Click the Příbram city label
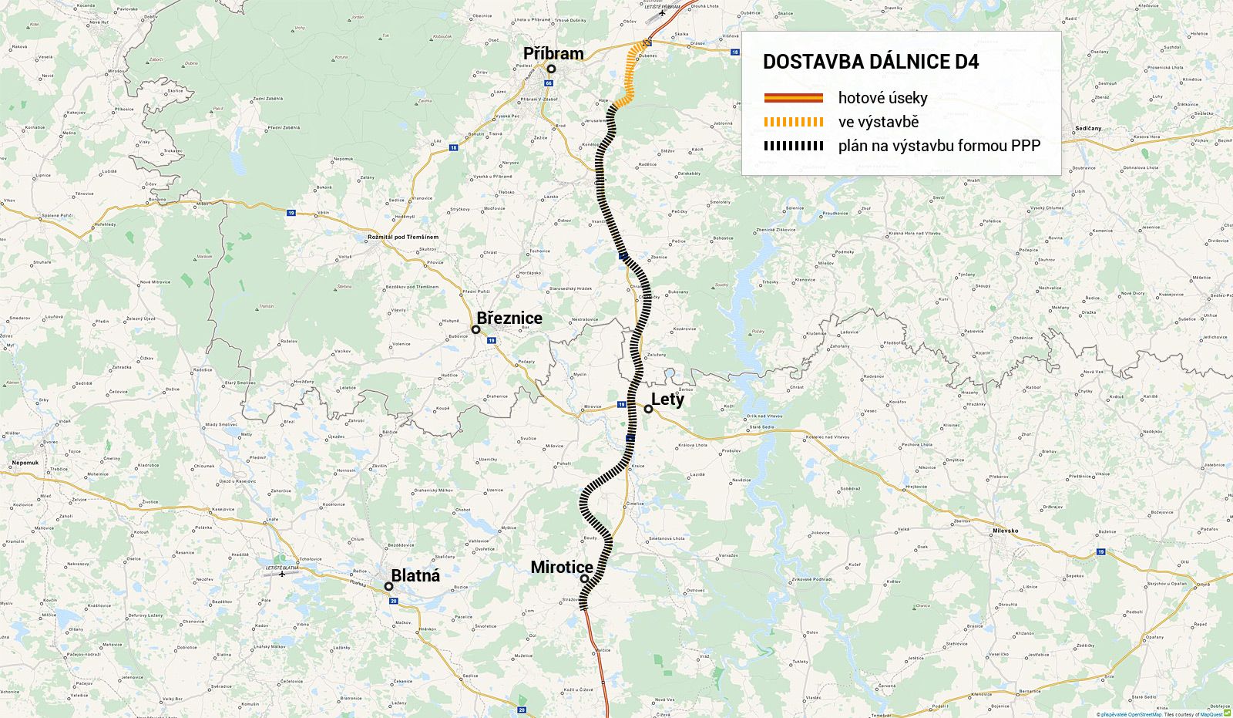pyautogui.click(x=553, y=53)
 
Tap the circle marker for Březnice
pyautogui.click(x=476, y=329)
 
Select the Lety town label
pyautogui.click(x=667, y=399)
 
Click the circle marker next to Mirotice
pyautogui.click(x=584, y=578)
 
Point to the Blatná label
pyautogui.click(x=415, y=575)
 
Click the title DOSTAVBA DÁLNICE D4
pyautogui.click(x=871, y=62)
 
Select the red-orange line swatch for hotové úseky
pyautogui.click(x=793, y=98)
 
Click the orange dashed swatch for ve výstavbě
pyautogui.click(x=793, y=122)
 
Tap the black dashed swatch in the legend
pyautogui.click(x=793, y=146)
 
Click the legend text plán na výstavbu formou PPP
pyautogui.click(x=939, y=146)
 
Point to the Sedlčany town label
pyautogui.click(x=1088, y=128)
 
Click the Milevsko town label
pyautogui.click(x=1005, y=531)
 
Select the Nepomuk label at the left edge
pyautogui.click(x=25, y=463)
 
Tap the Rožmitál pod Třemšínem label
pyautogui.click(x=403, y=237)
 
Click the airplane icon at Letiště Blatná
pyautogui.click(x=283, y=574)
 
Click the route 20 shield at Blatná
pyautogui.click(x=393, y=601)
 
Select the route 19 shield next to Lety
pyautogui.click(x=621, y=404)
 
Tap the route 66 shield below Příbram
pyautogui.click(x=549, y=83)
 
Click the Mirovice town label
pyautogui.click(x=593, y=406)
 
